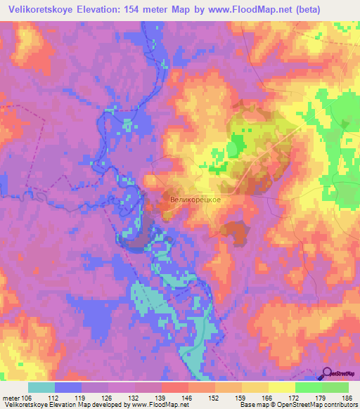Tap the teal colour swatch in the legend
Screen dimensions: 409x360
(41, 387)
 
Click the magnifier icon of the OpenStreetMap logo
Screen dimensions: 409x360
(328, 374)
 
